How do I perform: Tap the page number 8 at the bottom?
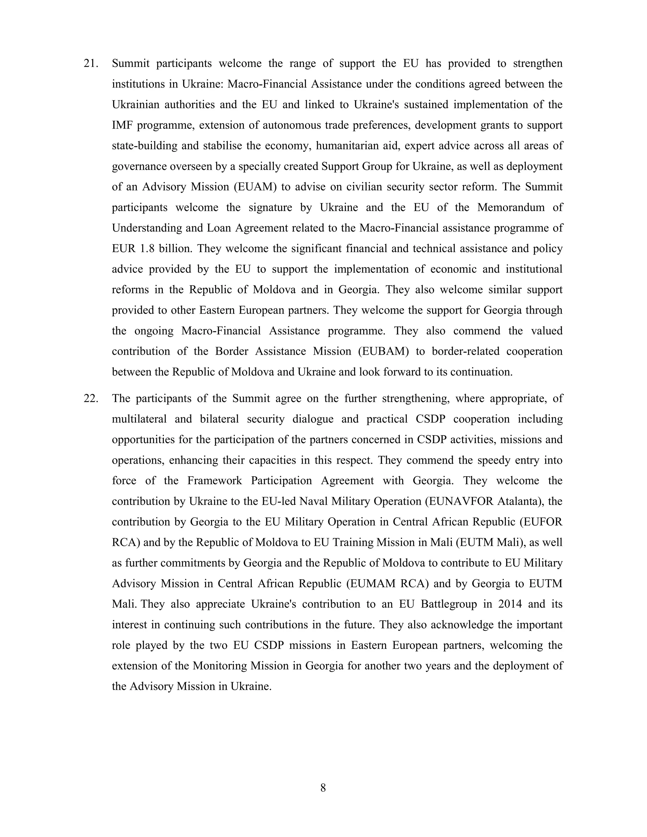[323, 788]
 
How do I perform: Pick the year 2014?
[510, 604]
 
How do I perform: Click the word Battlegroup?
[449, 604]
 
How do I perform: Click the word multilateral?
[139, 419]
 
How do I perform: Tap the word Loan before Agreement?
[219, 228]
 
